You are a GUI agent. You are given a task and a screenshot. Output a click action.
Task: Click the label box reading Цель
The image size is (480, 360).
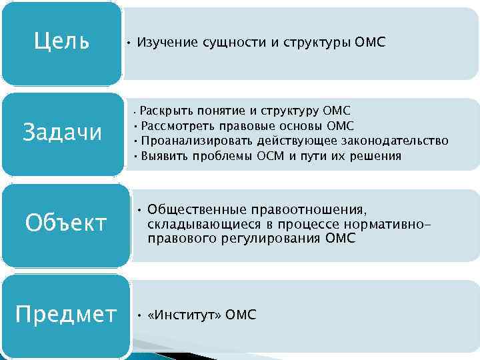tap(61, 42)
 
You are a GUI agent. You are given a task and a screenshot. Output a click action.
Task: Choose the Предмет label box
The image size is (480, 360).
tap(65, 314)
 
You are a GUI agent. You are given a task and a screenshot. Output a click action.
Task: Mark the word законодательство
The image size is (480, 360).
tap(395, 141)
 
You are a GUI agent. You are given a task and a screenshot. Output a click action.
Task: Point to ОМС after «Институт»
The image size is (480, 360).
tap(241, 315)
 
